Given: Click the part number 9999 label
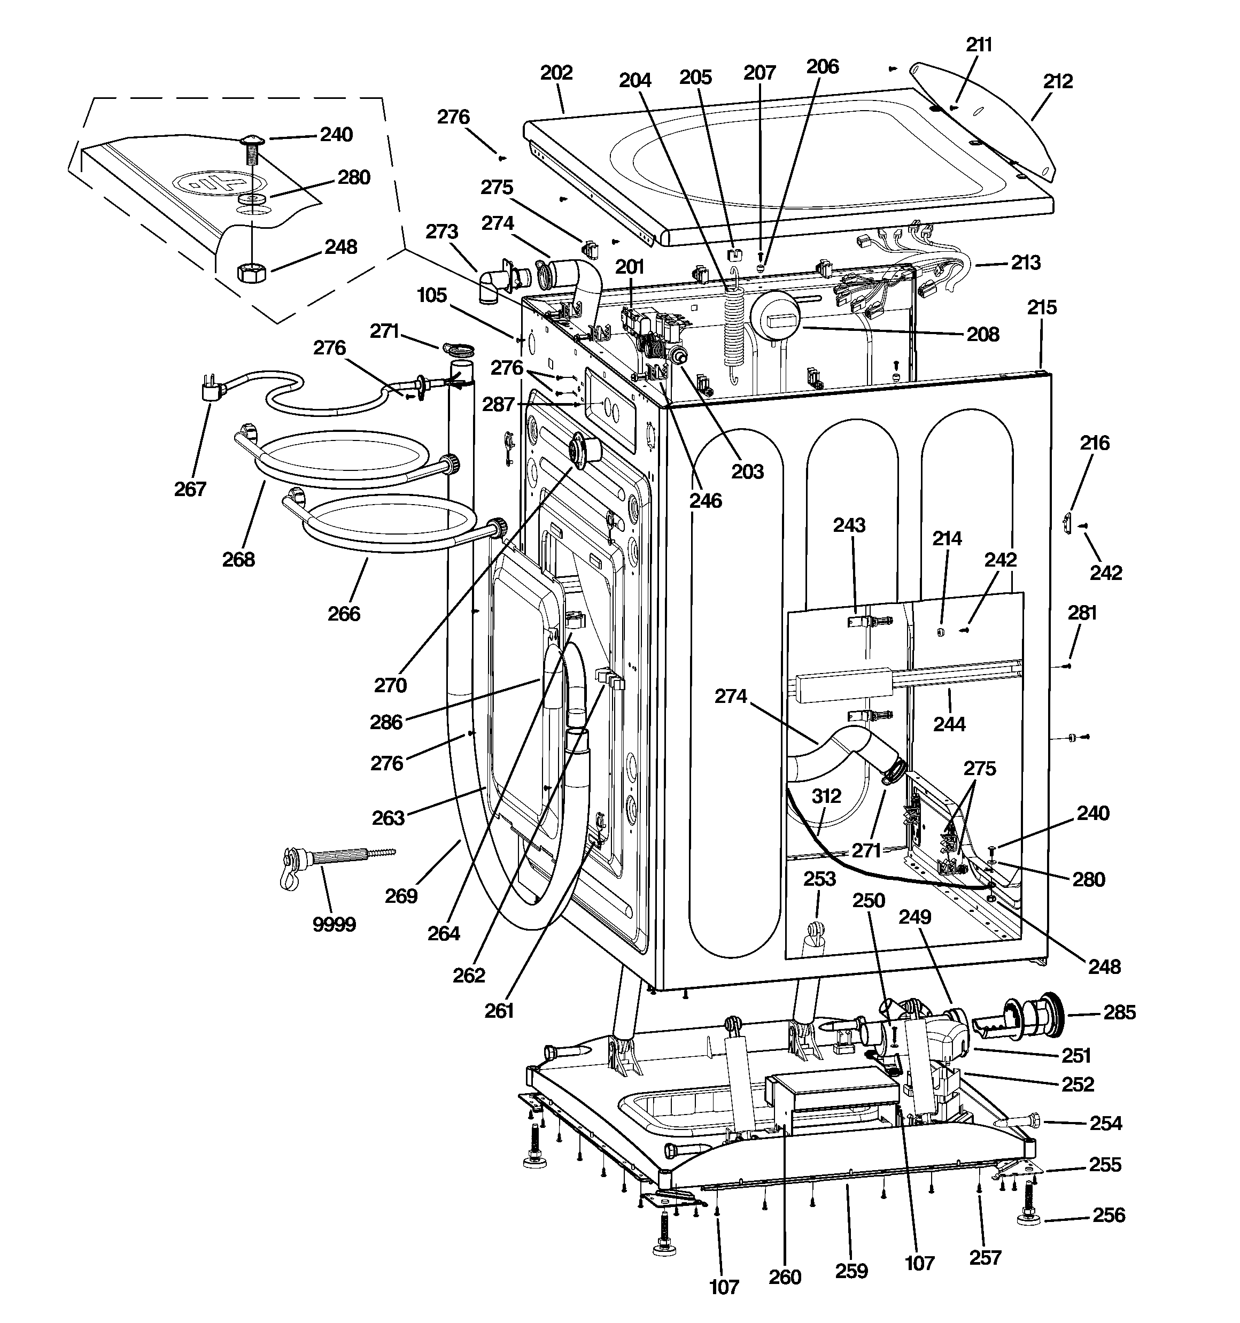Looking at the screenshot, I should (x=334, y=924).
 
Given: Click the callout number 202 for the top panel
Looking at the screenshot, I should (x=556, y=73).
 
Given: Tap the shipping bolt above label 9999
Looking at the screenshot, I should (x=333, y=858).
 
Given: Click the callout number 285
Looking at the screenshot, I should (x=1120, y=1012).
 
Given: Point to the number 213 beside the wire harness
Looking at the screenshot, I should (x=1025, y=263).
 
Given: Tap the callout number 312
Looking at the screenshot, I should (x=826, y=796).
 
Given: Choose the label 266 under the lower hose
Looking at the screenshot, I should (x=344, y=614).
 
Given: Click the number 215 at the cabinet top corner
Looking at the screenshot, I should (x=1042, y=307).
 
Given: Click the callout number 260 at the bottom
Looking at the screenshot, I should (x=785, y=1277).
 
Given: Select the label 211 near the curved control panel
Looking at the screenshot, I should (x=979, y=44).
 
